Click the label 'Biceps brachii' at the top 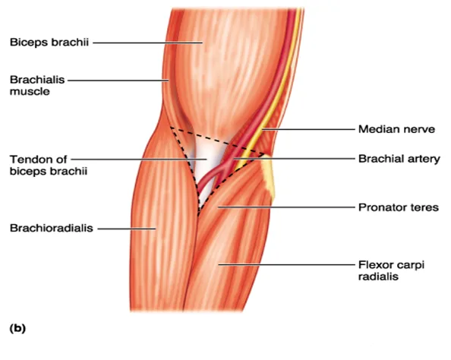click(x=49, y=43)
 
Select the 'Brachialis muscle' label click(x=37, y=86)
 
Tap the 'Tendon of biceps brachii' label click(x=49, y=165)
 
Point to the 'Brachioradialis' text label click(x=52, y=228)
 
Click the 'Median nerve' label click(x=396, y=129)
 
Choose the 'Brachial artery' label click(x=399, y=159)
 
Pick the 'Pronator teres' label click(x=399, y=207)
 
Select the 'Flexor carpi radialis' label click(x=391, y=270)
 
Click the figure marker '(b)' click(x=17, y=328)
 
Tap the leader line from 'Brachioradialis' click(x=127, y=229)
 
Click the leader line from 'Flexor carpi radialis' click(x=287, y=264)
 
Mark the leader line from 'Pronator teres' click(x=286, y=207)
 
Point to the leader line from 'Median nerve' click(x=308, y=129)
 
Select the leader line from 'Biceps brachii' click(x=147, y=43)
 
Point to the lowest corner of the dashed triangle click(x=199, y=215)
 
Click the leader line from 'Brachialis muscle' click(x=118, y=81)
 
